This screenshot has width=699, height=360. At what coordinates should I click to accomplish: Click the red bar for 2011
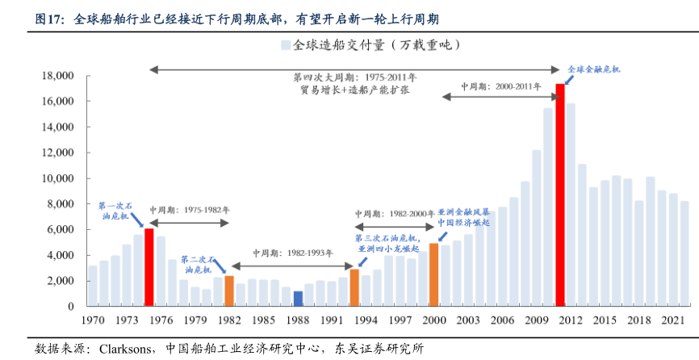[x=559, y=195]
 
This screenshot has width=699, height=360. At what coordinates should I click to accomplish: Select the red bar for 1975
[x=149, y=267]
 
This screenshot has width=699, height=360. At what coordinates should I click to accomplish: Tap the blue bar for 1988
[x=298, y=299]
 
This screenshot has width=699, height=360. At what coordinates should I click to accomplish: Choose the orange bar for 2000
[x=434, y=274]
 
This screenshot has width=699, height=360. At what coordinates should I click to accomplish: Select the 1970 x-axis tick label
[x=95, y=320]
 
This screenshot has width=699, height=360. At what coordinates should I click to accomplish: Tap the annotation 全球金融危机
[x=595, y=70]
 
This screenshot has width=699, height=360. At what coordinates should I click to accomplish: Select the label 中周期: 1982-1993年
[x=293, y=253]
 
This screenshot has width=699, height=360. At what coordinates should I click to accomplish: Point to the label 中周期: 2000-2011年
[x=500, y=86]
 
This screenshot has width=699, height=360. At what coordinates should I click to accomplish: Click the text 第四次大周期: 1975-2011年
[x=355, y=77]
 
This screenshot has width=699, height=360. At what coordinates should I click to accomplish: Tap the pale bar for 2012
[x=571, y=205]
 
